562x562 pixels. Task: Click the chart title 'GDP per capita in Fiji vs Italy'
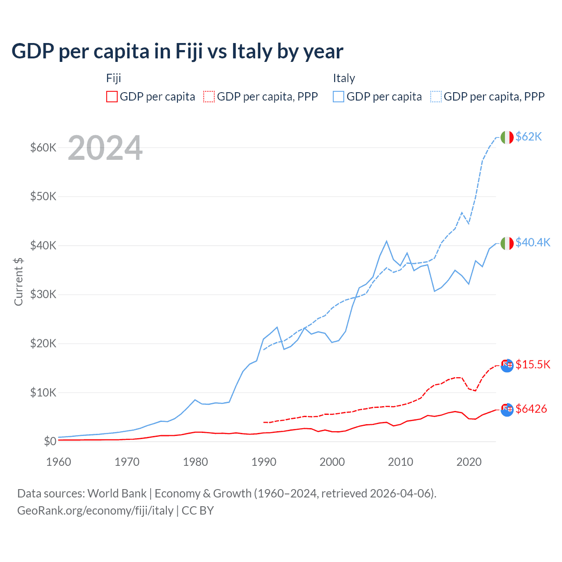177,51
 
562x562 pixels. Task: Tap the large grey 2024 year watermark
105,148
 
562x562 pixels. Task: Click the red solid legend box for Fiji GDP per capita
112,97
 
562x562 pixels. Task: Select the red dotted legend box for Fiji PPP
209,97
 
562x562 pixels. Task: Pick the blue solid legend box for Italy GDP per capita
339,97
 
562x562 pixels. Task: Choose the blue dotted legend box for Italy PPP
436,97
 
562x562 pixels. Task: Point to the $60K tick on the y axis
43,148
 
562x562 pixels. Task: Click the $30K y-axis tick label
43,294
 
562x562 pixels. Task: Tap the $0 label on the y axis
50,441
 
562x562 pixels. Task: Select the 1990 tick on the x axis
264,462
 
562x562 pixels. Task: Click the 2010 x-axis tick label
400,462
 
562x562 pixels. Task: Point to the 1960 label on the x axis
59,462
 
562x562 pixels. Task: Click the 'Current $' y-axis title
18,281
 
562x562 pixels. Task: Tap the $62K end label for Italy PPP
529,137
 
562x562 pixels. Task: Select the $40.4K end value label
533,242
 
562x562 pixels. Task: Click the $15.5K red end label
533,364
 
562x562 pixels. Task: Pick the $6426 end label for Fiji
531,409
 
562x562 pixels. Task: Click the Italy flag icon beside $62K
507,137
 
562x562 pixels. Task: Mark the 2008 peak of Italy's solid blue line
386,241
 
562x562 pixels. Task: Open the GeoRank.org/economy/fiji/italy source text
95,511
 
